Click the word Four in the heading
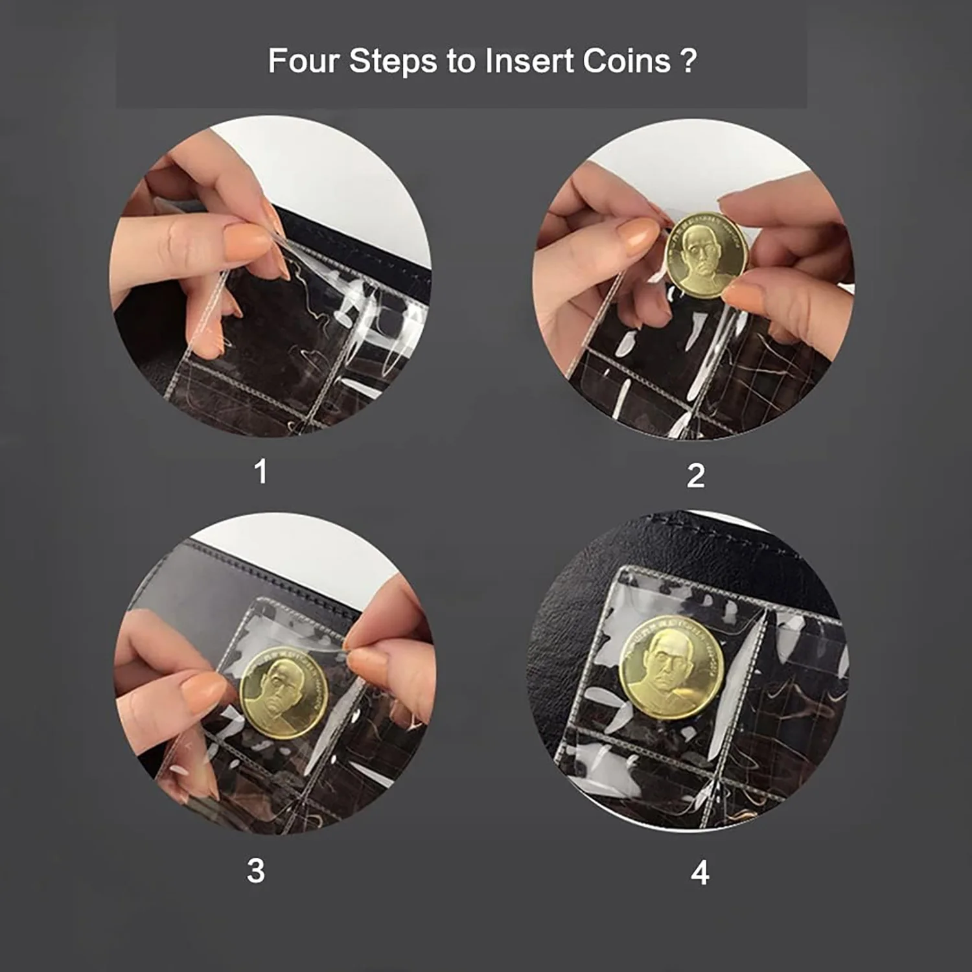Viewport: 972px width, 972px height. pyautogui.click(x=304, y=61)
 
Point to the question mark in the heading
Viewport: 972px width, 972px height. pyautogui.click(x=689, y=61)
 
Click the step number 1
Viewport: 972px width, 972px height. pyautogui.click(x=260, y=471)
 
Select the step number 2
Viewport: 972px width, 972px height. pyautogui.click(x=695, y=476)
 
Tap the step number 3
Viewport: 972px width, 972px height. pyautogui.click(x=256, y=870)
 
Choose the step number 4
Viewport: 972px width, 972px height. pyautogui.click(x=700, y=873)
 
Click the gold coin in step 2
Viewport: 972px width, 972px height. pyautogui.click(x=706, y=255)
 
